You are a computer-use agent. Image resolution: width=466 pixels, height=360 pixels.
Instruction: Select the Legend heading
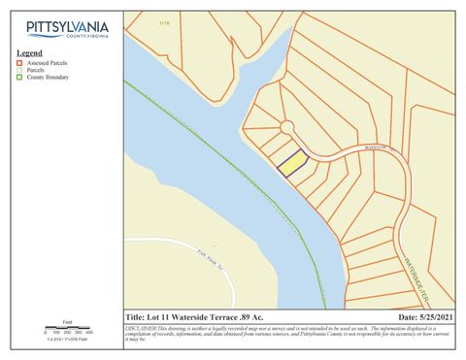[29, 52]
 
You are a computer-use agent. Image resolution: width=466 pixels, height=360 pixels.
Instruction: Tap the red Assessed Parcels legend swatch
[19, 61]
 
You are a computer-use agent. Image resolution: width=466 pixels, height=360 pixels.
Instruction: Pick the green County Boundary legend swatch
[19, 76]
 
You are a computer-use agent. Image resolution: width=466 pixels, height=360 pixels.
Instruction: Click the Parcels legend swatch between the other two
[19, 69]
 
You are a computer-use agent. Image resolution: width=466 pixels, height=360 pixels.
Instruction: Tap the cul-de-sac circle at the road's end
[286, 127]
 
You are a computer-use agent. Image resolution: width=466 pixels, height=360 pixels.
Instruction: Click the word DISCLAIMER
[142, 329]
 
